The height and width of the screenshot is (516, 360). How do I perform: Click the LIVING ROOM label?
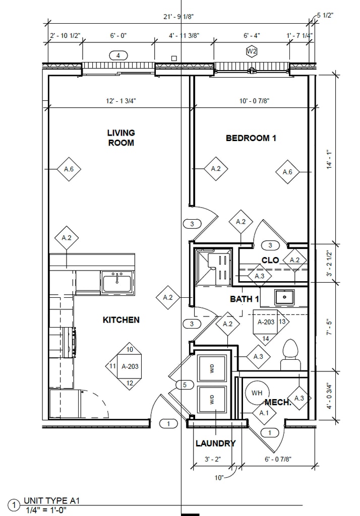tap(121, 138)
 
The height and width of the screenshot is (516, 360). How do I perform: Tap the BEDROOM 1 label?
tap(251, 138)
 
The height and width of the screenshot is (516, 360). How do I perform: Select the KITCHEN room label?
tap(121, 320)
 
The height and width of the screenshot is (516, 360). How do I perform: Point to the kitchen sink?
tap(117, 282)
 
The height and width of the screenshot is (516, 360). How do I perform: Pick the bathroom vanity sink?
tap(284, 297)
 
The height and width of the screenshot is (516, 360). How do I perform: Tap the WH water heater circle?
tap(257, 393)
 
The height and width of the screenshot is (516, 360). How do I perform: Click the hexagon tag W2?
tap(252, 51)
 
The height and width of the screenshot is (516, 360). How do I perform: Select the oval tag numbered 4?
tap(118, 55)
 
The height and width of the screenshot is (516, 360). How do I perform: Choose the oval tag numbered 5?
tap(185, 384)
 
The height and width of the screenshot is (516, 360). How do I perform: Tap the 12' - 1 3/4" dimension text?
tap(121, 101)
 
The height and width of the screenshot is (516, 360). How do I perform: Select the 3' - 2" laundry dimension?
tap(212, 459)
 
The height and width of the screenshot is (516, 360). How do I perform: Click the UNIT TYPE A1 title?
tap(52, 501)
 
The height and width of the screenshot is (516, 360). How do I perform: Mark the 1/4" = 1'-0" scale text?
tap(46, 510)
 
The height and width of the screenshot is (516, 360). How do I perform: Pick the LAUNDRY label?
tap(216, 443)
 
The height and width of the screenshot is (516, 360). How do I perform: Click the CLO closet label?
tap(270, 261)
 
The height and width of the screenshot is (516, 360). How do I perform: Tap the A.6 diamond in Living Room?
tap(69, 169)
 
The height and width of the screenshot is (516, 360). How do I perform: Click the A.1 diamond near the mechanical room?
tap(264, 413)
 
